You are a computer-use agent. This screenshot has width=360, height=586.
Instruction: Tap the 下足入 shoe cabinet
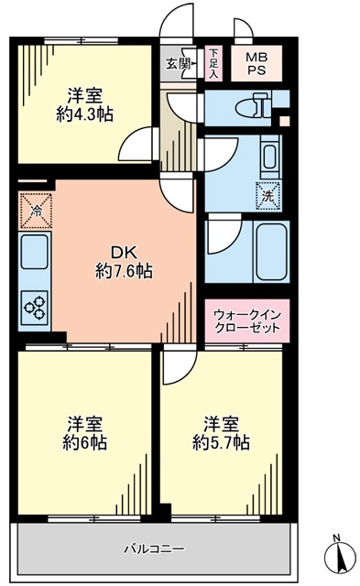(213, 63)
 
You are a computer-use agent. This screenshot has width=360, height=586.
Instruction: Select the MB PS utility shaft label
(256, 63)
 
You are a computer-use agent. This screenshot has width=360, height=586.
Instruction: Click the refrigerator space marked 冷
(35, 211)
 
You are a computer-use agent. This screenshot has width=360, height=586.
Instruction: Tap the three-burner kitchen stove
(35, 308)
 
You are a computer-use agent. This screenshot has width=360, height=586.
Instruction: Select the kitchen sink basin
(35, 253)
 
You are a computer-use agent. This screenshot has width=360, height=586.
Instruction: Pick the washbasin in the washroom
(270, 157)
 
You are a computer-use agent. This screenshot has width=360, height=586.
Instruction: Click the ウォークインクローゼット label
(246, 321)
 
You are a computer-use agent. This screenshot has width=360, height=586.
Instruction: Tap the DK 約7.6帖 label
(124, 263)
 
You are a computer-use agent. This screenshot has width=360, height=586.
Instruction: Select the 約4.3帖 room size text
(84, 114)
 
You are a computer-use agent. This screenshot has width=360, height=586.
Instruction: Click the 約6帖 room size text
(84, 443)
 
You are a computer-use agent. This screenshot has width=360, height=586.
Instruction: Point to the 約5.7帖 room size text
(221, 443)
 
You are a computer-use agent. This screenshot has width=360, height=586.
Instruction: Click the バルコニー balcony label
(154, 549)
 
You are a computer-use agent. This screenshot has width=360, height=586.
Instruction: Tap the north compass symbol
(340, 559)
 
